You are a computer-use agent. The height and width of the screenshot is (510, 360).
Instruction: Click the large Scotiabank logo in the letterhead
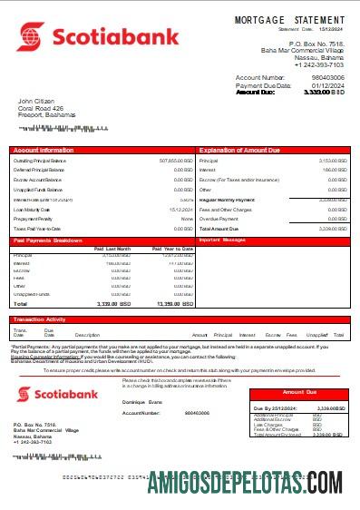pyautogui.click(x=81, y=37)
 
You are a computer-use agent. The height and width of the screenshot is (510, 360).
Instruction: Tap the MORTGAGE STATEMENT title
pyautogui.click(x=289, y=19)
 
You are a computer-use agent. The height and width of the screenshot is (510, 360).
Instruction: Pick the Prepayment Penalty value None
pyautogui.click(x=187, y=219)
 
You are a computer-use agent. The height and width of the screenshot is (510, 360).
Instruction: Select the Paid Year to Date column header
pyautogui.click(x=168, y=248)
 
